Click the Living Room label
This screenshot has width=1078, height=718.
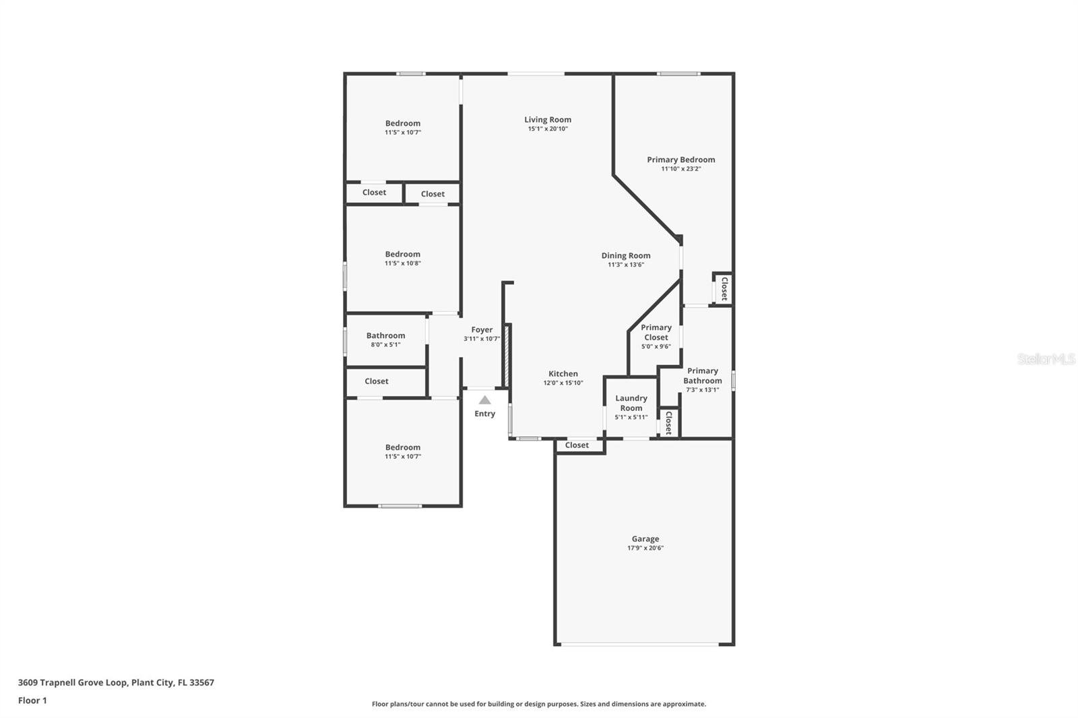coord(548,120)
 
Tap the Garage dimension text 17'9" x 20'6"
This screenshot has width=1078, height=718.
coord(645,548)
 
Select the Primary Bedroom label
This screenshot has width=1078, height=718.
coord(680,160)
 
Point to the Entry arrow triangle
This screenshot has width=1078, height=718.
coord(484,400)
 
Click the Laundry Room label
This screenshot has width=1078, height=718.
coord(631,403)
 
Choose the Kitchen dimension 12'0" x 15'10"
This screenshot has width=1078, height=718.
coord(563,383)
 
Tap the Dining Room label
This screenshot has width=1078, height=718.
coord(626,255)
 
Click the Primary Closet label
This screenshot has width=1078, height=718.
coord(656,332)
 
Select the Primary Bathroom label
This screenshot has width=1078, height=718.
coord(702,375)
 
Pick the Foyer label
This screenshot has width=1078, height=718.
coord(482,329)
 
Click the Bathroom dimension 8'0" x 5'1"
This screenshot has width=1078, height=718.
coord(385,345)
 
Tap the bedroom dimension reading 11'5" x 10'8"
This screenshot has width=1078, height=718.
coord(402,263)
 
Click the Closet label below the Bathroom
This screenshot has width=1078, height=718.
coord(376,381)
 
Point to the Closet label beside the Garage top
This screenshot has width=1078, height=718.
coord(577,445)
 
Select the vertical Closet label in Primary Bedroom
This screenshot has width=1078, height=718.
coord(724,288)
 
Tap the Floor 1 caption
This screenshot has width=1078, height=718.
coord(32,700)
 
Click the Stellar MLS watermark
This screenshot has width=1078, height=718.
coord(1046,359)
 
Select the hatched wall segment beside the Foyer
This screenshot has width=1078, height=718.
coord(505,355)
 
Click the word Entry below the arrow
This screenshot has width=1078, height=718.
coord(484,414)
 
